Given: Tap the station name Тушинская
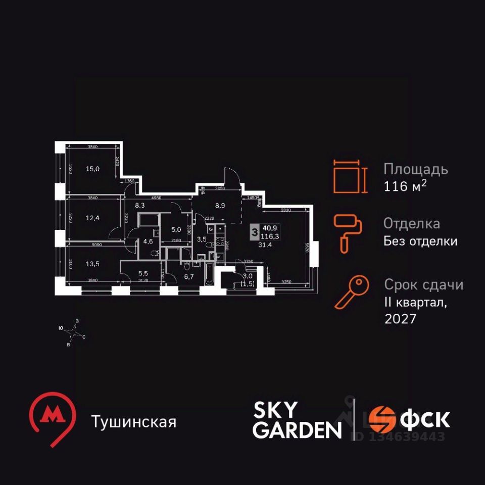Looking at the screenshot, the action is [x=134, y=421].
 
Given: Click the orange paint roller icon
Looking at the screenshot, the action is [x=346, y=233].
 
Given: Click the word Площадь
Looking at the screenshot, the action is [x=415, y=169].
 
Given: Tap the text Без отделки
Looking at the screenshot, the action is [x=420, y=241].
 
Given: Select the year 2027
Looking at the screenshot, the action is [x=400, y=320].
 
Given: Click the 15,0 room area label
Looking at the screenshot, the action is [x=92, y=169].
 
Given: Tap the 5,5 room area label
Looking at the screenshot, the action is [x=143, y=275].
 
